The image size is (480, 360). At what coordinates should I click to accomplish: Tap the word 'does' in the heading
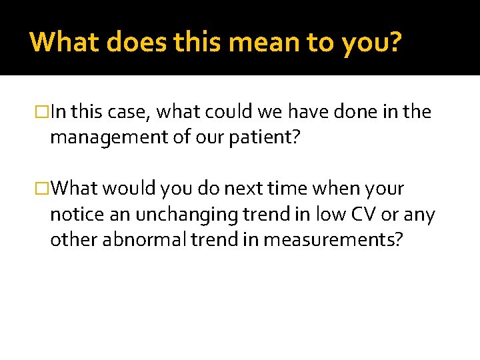[134, 41]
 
